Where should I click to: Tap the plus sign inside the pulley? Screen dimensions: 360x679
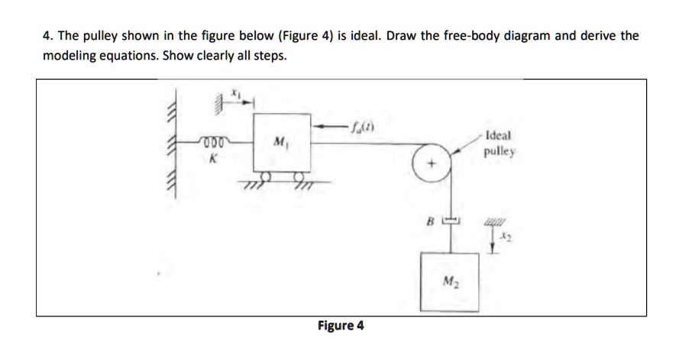pos(433,164)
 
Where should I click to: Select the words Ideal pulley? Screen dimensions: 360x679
pos(500,144)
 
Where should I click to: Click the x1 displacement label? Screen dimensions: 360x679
pos(237,91)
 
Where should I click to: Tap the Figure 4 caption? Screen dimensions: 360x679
pos(341,326)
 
